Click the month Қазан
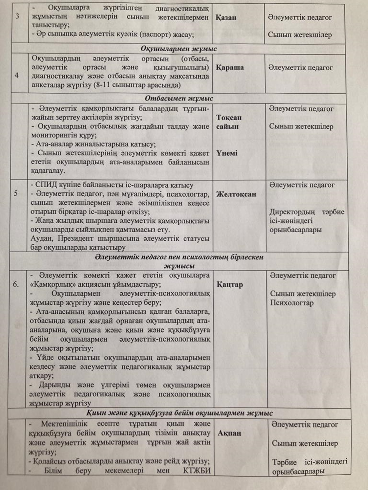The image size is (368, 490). tap(226, 17)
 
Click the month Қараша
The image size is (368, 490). tap(230, 67)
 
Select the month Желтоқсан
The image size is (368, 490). tap(236, 194)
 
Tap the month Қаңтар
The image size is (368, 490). tap(230, 284)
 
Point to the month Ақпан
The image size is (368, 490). tap(229, 433)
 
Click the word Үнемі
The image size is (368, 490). tap(227, 153)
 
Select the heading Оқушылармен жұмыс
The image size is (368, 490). tap(179, 49)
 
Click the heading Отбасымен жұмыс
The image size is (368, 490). tap(179, 98)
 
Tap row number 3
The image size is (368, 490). tap(17, 16)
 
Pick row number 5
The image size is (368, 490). tap(16, 194)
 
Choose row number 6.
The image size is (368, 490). tap(16, 284)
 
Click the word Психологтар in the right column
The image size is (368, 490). tap(292, 303)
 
